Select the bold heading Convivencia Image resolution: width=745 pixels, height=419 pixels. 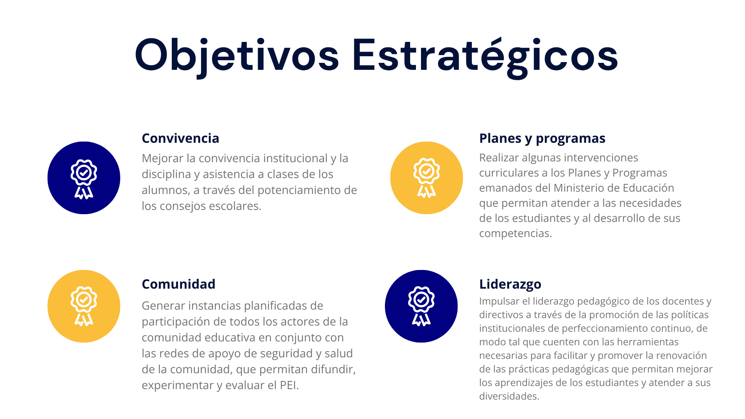click(x=180, y=138)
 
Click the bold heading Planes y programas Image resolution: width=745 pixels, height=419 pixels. click(x=542, y=139)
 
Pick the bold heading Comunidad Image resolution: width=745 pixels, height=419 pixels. click(x=178, y=284)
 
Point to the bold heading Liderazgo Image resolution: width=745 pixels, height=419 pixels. click(x=510, y=284)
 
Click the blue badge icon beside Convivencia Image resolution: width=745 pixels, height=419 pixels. click(x=84, y=178)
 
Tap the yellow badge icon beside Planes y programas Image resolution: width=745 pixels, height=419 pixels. click(x=426, y=178)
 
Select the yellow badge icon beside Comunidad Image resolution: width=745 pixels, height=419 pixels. click(x=84, y=306)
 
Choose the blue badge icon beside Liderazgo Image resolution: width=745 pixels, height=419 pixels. click(x=421, y=306)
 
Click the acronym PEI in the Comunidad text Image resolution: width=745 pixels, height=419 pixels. click(x=288, y=385)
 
